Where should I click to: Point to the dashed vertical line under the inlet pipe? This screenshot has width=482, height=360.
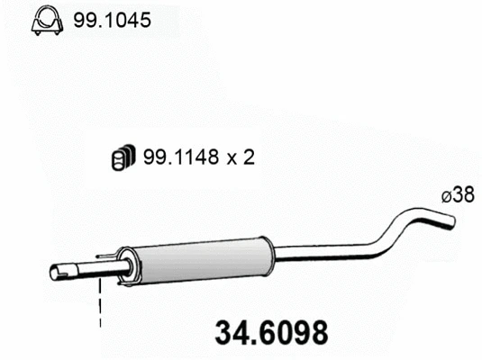[100, 306]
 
